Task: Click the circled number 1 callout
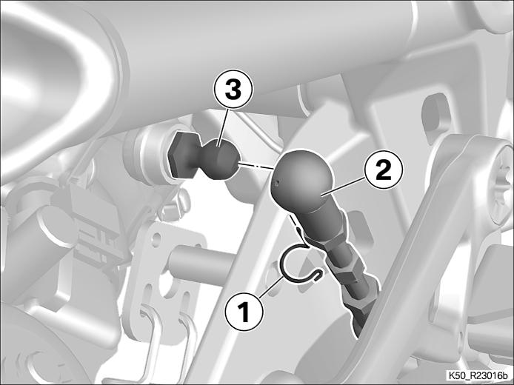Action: (x=244, y=312)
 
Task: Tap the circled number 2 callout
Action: (x=384, y=170)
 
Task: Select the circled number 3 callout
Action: (x=233, y=89)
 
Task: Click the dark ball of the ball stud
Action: (x=218, y=158)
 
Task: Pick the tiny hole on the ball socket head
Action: (x=278, y=183)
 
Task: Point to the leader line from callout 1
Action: (x=271, y=287)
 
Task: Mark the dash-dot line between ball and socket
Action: (x=256, y=165)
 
